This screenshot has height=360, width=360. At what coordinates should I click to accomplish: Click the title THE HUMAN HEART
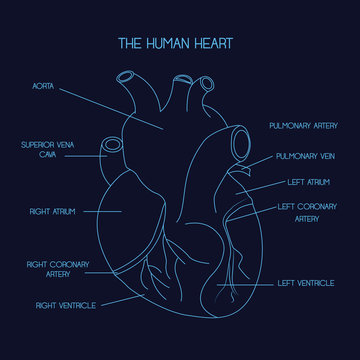click(x=179, y=43)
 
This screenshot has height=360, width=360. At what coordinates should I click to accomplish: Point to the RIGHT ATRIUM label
click(x=52, y=212)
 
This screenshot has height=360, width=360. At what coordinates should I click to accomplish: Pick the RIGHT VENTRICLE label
click(x=66, y=304)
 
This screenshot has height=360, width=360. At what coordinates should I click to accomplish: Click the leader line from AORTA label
click(x=110, y=108)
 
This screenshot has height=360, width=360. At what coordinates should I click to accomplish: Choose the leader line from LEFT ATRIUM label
click(x=254, y=186)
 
